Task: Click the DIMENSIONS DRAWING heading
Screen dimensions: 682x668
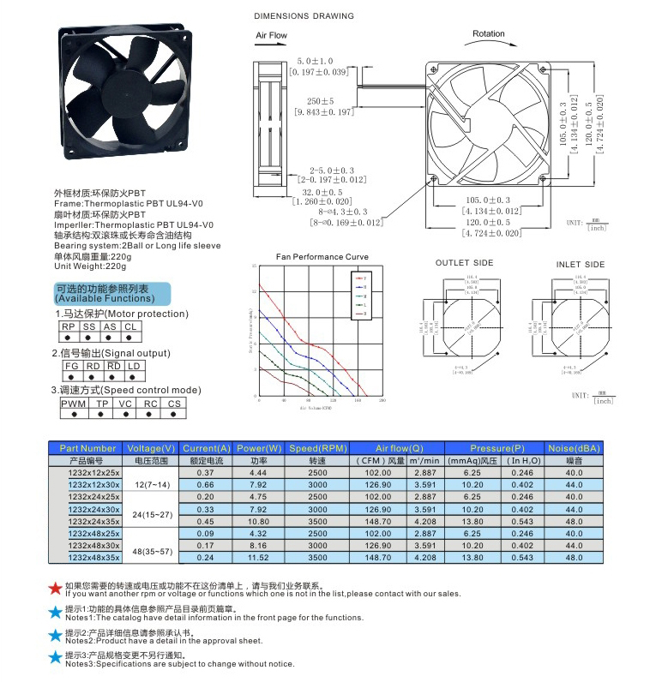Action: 304,16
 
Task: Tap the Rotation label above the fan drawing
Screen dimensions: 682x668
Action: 489,34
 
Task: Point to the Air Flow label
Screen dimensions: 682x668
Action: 272,36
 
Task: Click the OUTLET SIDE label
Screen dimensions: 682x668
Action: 464,263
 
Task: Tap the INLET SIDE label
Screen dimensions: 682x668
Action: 580,265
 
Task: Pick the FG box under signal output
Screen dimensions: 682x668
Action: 72,366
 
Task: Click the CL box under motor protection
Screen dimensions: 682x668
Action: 130,326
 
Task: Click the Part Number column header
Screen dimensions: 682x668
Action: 87,448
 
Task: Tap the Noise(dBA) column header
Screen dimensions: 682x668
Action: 574,448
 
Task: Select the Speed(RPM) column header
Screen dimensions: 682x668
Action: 317,448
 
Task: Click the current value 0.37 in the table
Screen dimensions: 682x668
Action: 206,472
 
